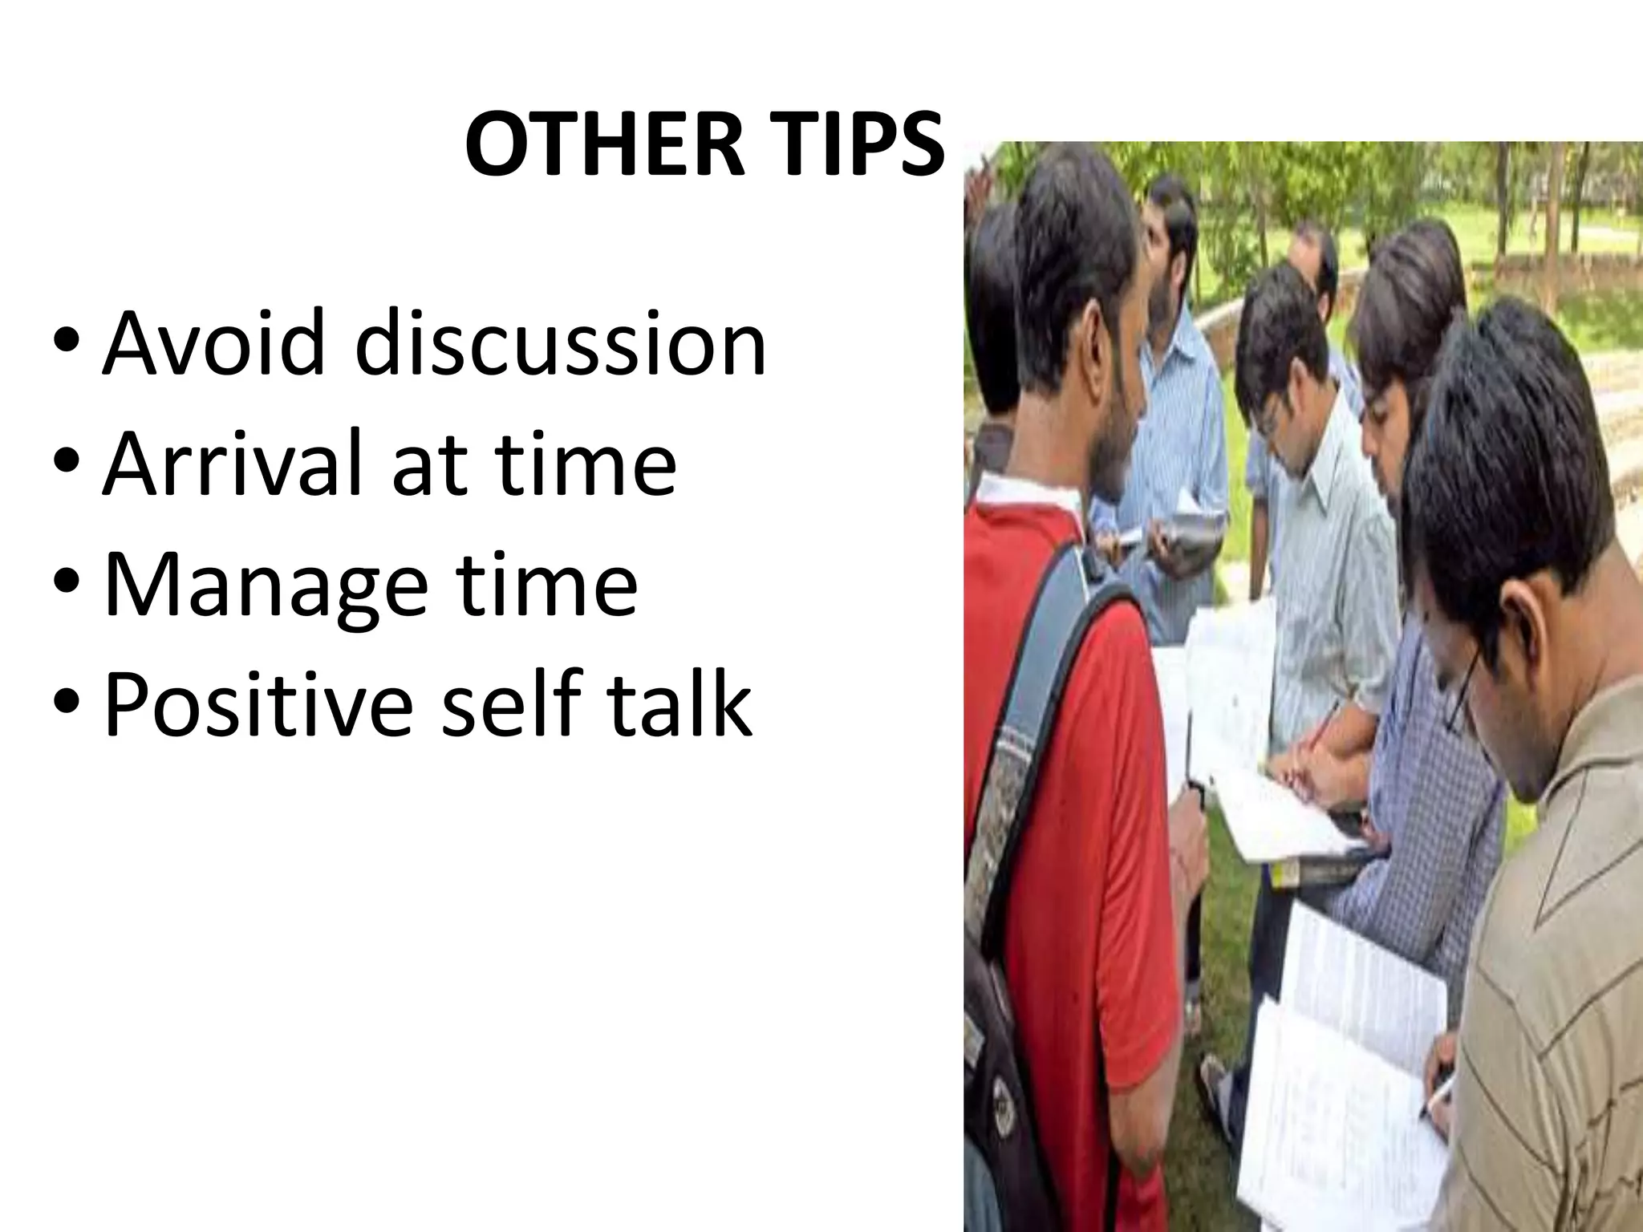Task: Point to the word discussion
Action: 561,346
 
